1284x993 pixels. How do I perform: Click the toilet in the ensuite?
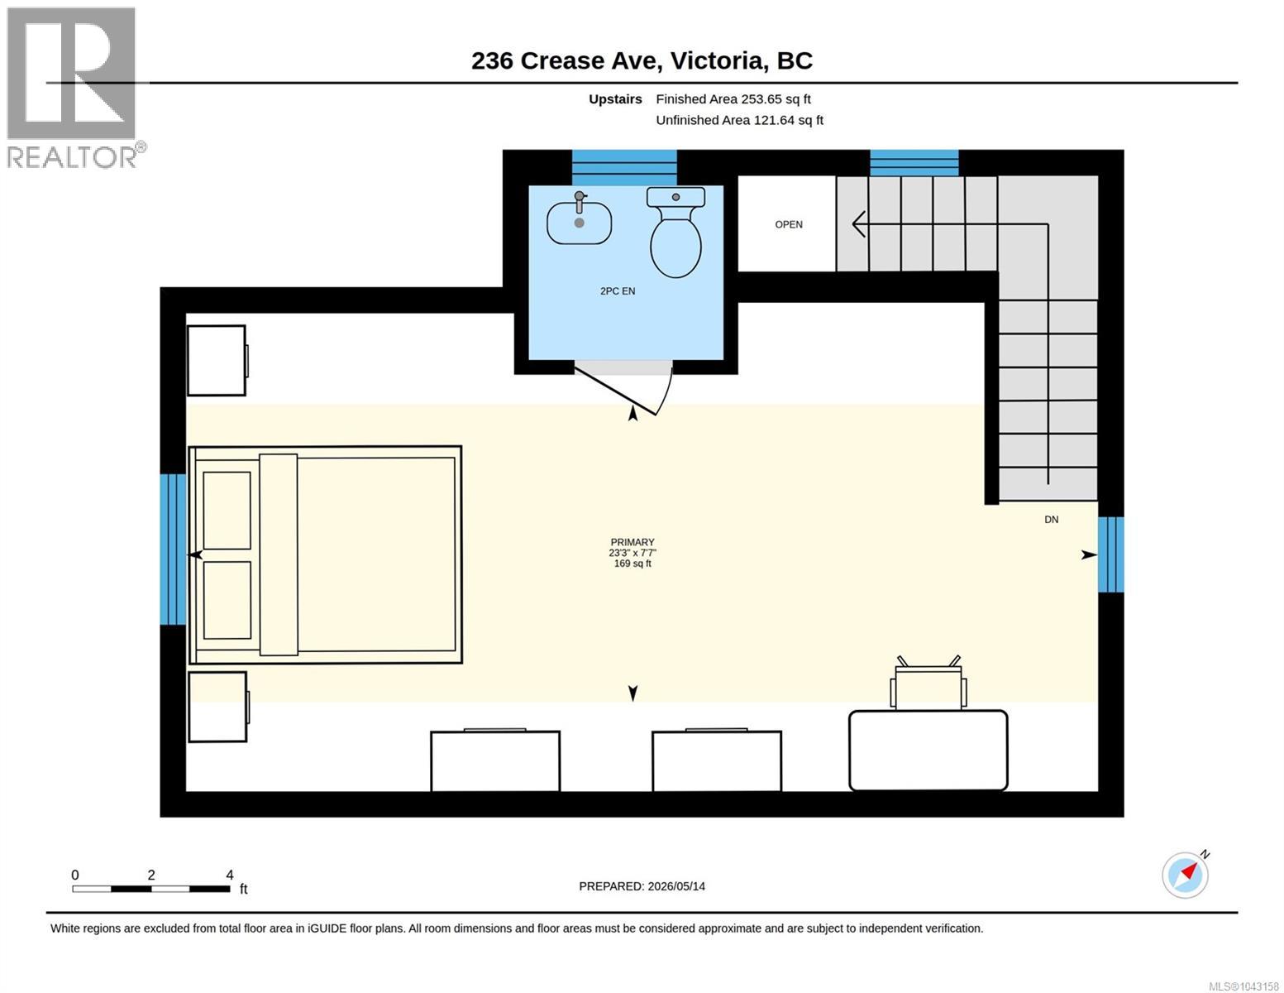[675, 233]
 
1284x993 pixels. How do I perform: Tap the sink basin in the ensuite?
[579, 223]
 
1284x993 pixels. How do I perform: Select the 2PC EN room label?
[618, 291]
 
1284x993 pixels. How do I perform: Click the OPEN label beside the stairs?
[789, 225]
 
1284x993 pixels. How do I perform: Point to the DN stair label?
[1051, 520]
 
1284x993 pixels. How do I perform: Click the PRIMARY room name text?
[632, 542]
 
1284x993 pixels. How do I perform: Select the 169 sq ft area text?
[632, 564]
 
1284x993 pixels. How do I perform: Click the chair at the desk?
[928, 684]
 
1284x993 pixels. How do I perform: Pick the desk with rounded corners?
[928, 751]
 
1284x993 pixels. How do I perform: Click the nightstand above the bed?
[217, 360]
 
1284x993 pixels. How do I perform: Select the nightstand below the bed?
[218, 707]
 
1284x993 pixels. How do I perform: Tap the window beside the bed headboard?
[173, 549]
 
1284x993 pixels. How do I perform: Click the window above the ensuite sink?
[624, 168]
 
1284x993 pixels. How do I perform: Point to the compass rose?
[1186, 875]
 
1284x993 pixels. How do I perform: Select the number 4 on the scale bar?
[229, 875]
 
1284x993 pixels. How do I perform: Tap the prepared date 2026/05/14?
[676, 886]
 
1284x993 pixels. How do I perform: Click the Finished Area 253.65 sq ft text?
[733, 99]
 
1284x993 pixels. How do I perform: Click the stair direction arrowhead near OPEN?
[859, 225]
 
